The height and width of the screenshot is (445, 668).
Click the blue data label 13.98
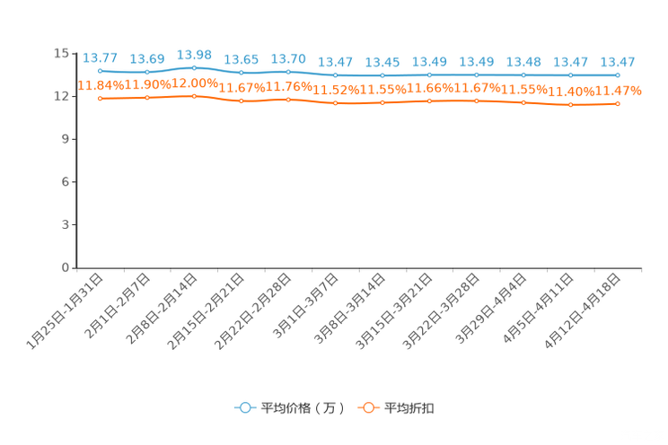tap(194, 55)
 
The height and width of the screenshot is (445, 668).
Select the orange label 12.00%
tap(195, 83)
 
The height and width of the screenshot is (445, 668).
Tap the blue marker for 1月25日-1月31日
tap(101, 71)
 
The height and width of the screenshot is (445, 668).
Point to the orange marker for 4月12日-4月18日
tap(618, 104)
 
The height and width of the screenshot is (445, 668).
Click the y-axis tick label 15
tap(61, 53)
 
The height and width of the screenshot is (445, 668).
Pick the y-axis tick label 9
tap(66, 139)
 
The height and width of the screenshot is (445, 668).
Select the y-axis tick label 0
tap(66, 267)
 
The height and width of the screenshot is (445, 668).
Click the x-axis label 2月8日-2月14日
tap(163, 309)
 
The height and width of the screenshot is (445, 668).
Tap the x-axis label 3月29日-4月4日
tap(491, 309)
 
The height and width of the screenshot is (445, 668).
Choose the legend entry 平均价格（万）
tap(289, 408)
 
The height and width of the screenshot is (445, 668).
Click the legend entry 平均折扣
tap(396, 408)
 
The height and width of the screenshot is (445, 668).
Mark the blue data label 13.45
tap(382, 62)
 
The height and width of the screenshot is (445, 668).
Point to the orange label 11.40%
tap(571, 92)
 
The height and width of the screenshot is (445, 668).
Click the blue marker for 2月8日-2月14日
tap(194, 67)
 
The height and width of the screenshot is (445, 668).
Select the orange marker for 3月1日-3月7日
tap(335, 103)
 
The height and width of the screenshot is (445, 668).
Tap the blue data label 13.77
tap(101, 57)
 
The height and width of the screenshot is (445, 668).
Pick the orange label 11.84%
tap(101, 85)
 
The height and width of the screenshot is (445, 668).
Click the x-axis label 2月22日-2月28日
tap(254, 311)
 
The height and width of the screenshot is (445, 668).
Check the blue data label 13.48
tap(523, 62)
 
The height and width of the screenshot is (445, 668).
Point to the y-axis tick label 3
tap(66, 224)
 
